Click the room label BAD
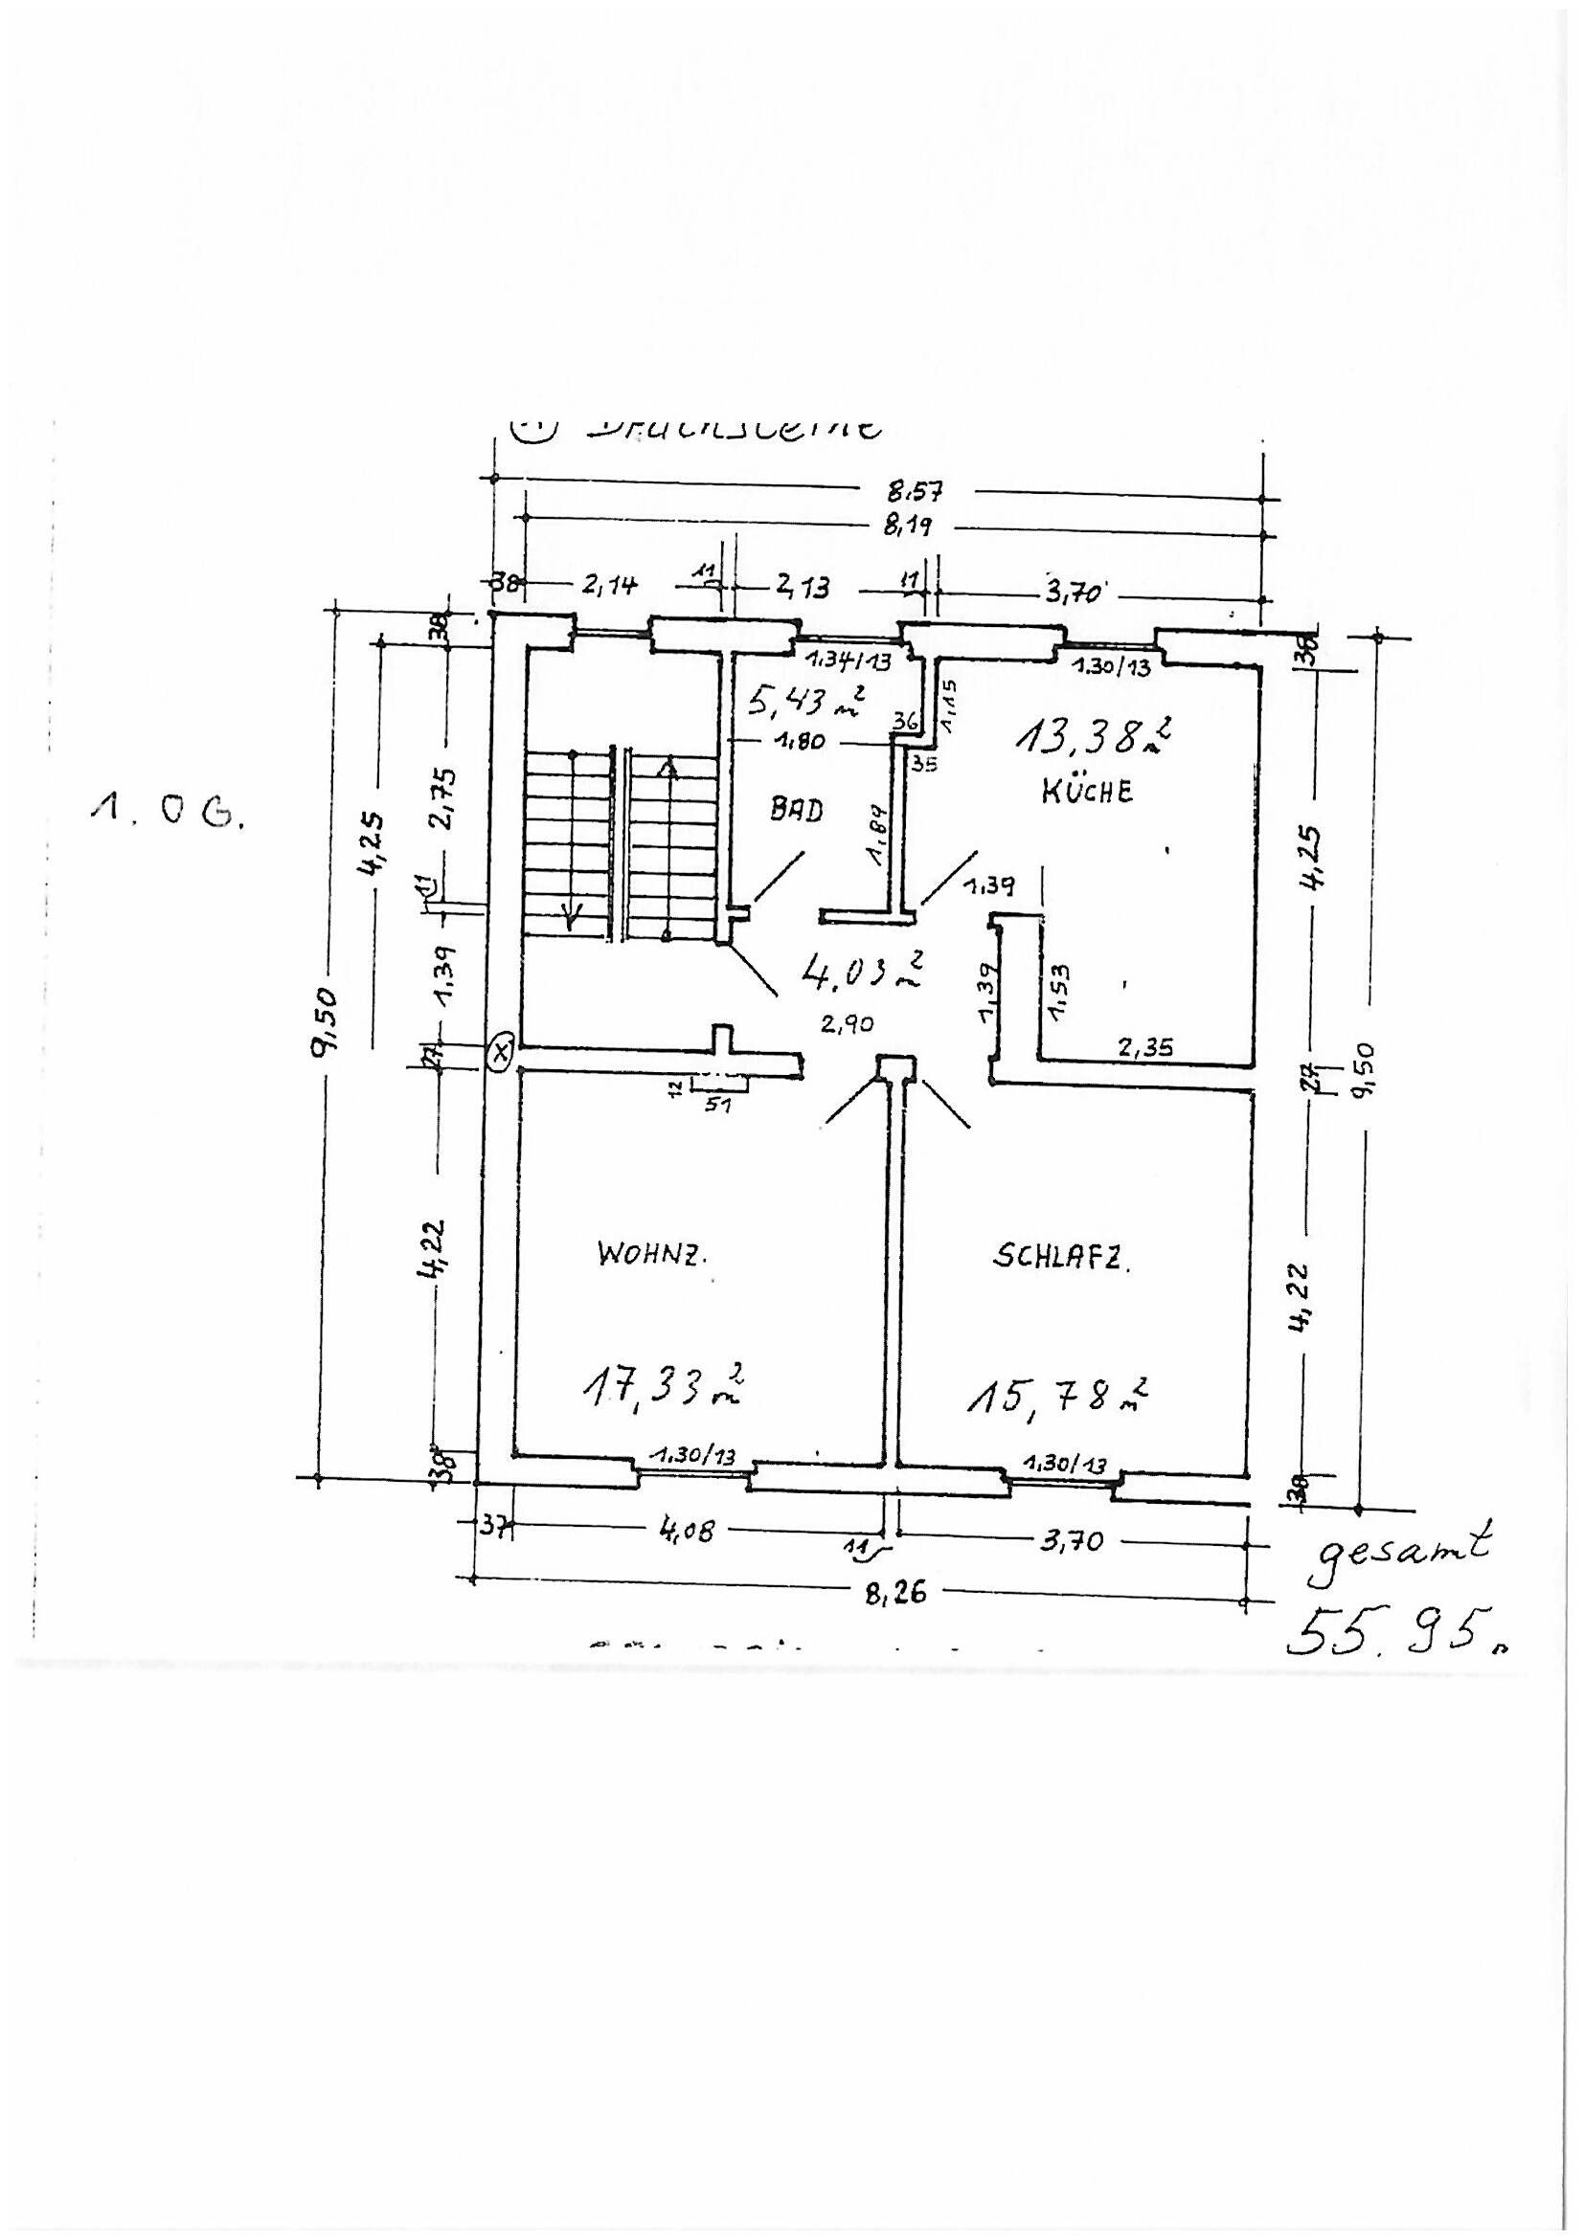tap(797, 810)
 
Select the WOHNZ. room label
tap(650, 1255)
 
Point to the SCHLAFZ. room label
tap(1061, 1259)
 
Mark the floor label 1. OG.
tap(168, 812)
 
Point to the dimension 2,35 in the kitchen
tap(1146, 1048)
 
